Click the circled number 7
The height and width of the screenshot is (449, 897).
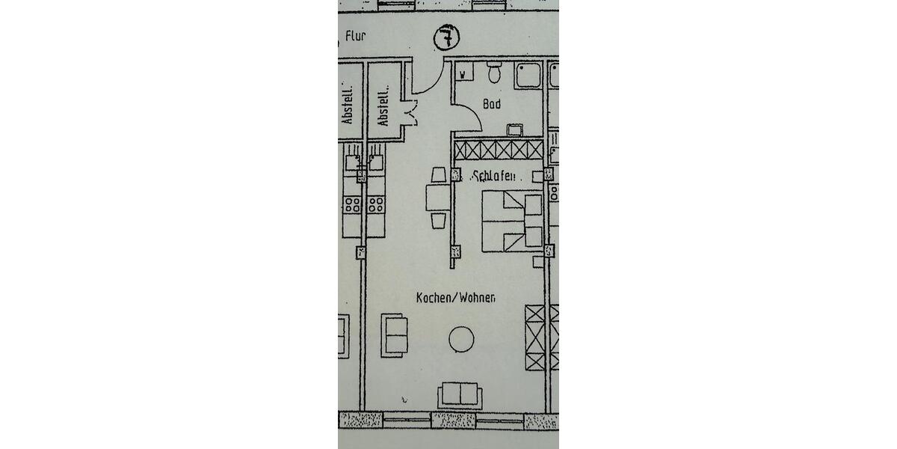coord(447,38)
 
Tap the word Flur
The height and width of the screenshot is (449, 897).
coord(356,34)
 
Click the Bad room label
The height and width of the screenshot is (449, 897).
coord(492,105)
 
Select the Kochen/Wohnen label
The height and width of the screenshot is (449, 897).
coord(456,298)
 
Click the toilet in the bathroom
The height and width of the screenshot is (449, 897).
coord(494,73)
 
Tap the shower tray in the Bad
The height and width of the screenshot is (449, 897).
coord(528,76)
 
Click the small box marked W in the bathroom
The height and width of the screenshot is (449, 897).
coord(463,73)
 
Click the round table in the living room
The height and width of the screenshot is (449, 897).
coord(461,339)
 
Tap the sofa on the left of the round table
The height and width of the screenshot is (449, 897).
coord(395,334)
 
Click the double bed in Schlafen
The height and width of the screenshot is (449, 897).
coord(511,222)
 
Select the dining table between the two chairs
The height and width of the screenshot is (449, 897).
coord(438,198)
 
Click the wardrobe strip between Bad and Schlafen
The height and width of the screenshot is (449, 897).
coord(499,149)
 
